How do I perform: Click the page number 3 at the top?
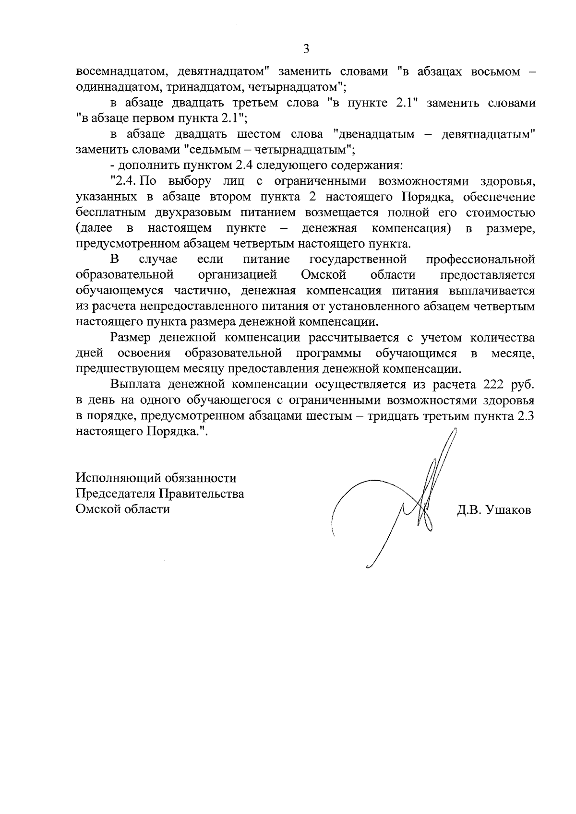click(306, 49)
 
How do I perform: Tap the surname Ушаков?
click(508, 510)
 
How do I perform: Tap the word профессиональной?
click(480, 260)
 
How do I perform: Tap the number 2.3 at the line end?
click(526, 416)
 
